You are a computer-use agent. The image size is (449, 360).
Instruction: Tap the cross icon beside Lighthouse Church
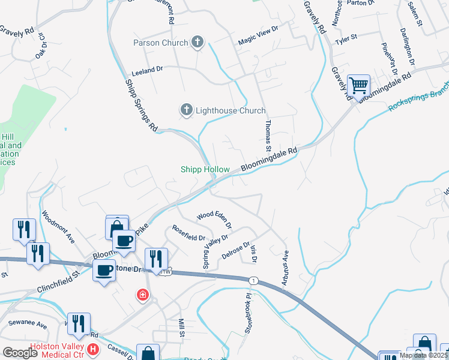187,110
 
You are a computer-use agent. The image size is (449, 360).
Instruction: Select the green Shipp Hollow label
205,170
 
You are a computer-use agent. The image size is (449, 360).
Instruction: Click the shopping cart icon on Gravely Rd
358,86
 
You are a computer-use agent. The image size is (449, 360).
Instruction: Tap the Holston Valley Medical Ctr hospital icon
93,349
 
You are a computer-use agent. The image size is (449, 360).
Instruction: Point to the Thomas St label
268,135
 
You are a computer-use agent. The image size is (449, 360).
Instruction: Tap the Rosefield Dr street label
189,232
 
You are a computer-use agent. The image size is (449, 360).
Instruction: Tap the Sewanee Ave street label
28,324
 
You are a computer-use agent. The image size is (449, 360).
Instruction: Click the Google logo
20,353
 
